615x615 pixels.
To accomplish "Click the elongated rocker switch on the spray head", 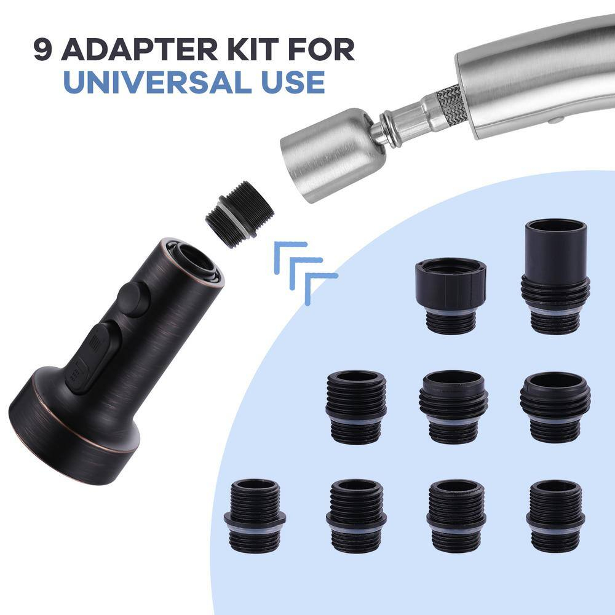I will (91, 357).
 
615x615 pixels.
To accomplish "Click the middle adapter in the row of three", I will (453, 406).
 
